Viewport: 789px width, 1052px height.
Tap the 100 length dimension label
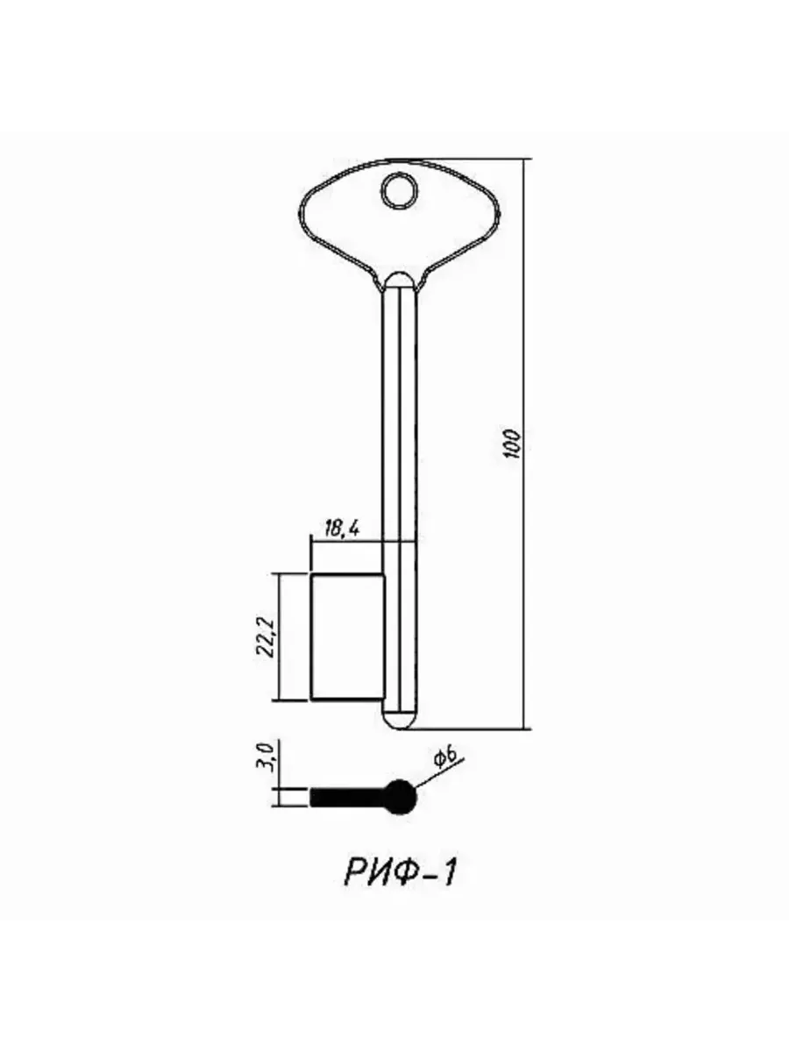click(513, 444)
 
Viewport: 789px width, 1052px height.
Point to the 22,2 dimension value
click(266, 637)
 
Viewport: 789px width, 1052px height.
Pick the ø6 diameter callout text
click(444, 758)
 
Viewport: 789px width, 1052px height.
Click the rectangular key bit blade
click(348, 637)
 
